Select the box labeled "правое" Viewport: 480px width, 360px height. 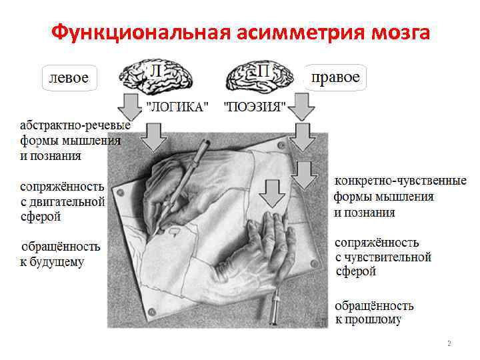pos(335,78)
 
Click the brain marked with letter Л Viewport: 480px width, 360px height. pos(157,77)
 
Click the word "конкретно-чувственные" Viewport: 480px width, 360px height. pos(400,181)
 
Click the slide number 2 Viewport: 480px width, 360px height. pos(449,343)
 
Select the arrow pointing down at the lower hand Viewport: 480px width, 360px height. pos(271,193)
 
